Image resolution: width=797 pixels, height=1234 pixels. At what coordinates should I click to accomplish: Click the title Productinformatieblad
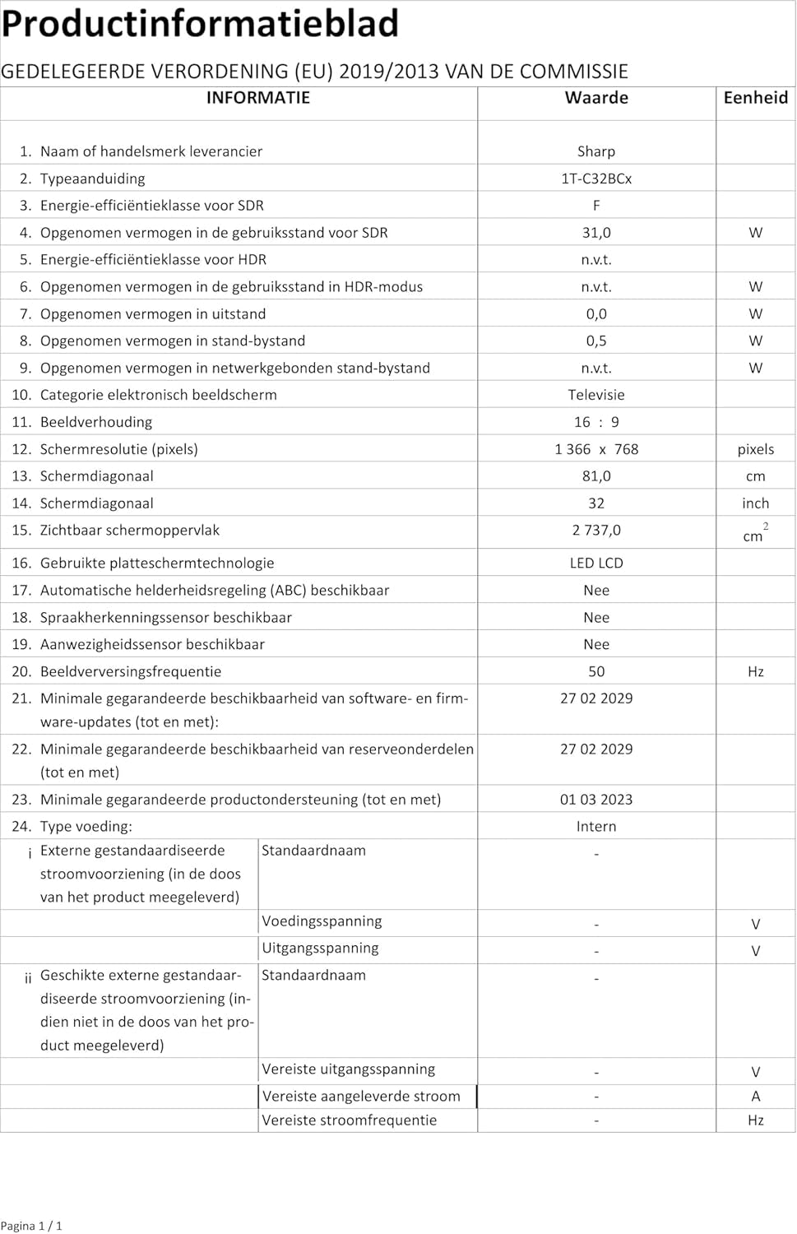point(200,23)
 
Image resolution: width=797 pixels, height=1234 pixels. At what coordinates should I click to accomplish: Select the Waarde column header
point(596,98)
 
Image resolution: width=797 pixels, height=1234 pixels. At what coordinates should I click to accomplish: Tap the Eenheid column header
point(755,98)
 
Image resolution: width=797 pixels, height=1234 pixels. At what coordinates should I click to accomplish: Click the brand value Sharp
point(596,151)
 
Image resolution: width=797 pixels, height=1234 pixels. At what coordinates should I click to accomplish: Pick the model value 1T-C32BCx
point(596,179)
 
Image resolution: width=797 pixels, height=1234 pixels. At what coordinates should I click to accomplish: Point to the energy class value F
point(596,206)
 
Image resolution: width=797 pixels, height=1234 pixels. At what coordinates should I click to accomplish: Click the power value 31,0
point(596,233)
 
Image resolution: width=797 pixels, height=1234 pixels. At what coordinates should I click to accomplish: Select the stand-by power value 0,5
point(596,341)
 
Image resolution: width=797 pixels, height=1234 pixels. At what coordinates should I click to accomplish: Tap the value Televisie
point(596,395)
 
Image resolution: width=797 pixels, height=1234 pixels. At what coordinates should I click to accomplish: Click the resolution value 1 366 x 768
point(596,449)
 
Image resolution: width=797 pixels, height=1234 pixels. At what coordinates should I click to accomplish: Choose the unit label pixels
point(755,449)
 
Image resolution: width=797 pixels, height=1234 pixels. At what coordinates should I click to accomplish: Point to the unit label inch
point(755,503)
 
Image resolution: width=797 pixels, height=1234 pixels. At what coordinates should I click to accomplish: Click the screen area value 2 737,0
point(596,531)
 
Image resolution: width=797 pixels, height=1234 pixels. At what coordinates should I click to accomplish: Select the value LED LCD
point(596,564)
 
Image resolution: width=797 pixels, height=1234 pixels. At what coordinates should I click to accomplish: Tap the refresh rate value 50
point(596,671)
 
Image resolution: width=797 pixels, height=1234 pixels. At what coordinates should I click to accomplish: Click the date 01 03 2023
point(596,800)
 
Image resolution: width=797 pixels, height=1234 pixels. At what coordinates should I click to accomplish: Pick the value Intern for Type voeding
point(596,827)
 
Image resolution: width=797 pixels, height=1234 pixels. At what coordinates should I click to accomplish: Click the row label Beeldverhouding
point(96,422)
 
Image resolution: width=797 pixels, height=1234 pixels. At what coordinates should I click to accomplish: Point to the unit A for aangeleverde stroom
point(755,1096)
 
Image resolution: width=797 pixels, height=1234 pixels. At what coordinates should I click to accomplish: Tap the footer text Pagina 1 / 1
point(31,1226)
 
